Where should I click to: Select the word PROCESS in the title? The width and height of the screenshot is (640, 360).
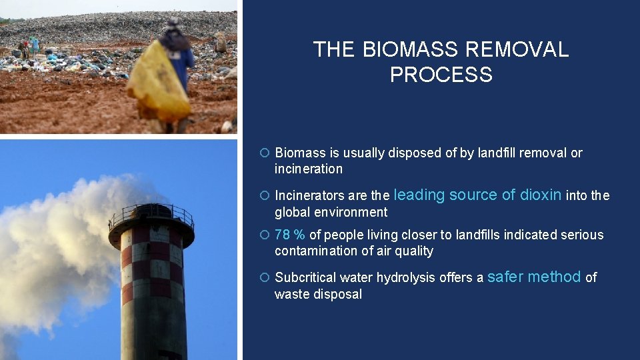click(441, 75)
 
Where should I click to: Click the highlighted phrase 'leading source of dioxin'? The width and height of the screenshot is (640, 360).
click(478, 195)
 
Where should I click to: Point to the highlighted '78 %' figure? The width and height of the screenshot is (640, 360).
click(290, 235)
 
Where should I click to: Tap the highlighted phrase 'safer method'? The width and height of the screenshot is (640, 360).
click(535, 277)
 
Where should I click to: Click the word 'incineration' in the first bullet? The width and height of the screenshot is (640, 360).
click(308, 169)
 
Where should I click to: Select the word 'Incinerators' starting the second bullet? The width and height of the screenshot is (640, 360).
click(309, 196)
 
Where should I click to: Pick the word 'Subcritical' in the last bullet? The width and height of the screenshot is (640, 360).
click(306, 278)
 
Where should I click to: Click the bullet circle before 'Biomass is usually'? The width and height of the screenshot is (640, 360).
click(264, 153)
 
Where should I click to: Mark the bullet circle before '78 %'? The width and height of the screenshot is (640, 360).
click(264, 235)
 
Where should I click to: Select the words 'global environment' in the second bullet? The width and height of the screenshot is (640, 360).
click(331, 213)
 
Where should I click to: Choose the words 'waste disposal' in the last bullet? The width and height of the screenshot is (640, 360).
click(318, 295)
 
